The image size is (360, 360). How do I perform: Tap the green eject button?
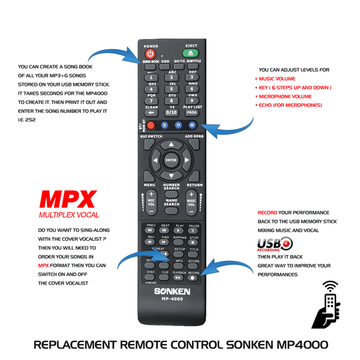191,53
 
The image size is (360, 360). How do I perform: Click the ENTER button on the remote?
172,160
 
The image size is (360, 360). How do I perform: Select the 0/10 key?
172,112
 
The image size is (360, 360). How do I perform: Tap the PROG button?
191,112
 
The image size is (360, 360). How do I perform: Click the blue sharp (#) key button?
192,125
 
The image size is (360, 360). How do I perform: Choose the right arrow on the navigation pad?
186,160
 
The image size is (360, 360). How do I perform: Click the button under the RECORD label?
194,278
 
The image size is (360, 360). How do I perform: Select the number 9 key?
191,100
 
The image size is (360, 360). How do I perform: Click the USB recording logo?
274,244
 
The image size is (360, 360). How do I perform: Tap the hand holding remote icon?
329,304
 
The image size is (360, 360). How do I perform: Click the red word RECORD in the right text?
267,213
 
